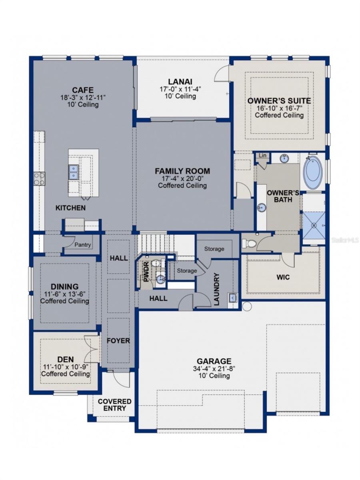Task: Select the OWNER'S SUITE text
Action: pyautogui.click(x=279, y=100)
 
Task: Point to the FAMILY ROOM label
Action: pyautogui.click(x=182, y=171)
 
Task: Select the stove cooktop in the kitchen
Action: pyautogui.click(x=39, y=178)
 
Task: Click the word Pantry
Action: pyautogui.click(x=83, y=245)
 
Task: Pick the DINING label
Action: pyautogui.click(x=64, y=286)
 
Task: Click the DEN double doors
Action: pyautogui.click(x=92, y=349)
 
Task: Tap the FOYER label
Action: pyautogui.click(x=118, y=341)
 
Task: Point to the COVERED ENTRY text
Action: pyautogui.click(x=114, y=405)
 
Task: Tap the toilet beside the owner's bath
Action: pyautogui.click(x=248, y=243)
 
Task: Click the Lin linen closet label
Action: pyautogui.click(x=262, y=155)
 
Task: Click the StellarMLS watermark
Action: pyautogui.click(x=345, y=240)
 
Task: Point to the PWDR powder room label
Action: pyautogui.click(x=146, y=271)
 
